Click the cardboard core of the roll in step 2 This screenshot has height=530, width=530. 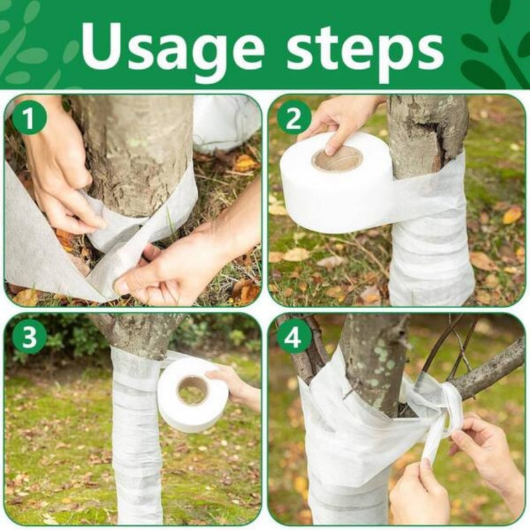pos(337,160)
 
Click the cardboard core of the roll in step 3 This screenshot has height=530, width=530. pos(193,390)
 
